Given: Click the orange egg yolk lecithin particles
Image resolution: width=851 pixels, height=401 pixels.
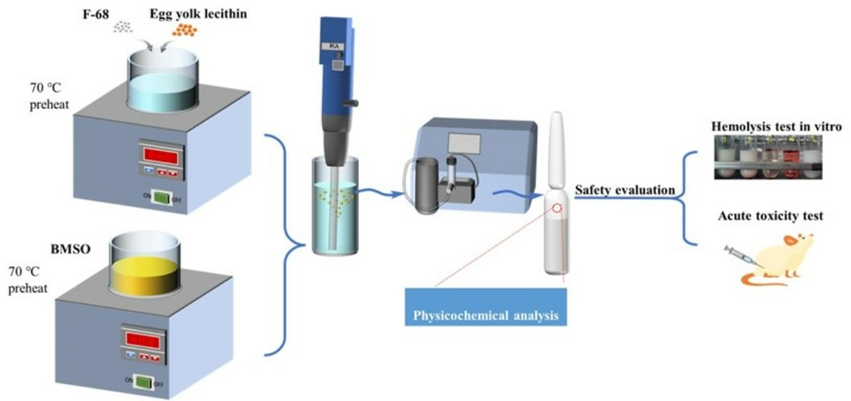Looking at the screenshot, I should [186, 29].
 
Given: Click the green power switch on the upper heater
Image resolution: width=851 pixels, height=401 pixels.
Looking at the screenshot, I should [161, 198].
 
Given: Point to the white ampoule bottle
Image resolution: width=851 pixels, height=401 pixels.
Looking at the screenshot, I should [556, 214].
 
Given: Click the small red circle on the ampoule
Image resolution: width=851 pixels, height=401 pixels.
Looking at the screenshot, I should [558, 208].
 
